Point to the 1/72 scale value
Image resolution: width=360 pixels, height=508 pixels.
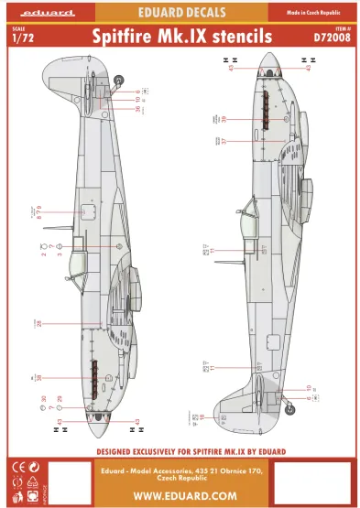[x=19, y=38]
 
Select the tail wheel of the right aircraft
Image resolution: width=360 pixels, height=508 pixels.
[x=289, y=399]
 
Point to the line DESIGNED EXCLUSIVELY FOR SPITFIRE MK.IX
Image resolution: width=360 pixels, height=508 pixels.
[x=179, y=451]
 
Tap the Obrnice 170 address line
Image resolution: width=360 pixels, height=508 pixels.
[x=179, y=471]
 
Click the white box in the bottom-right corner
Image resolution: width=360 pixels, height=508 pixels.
[x=311, y=481]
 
